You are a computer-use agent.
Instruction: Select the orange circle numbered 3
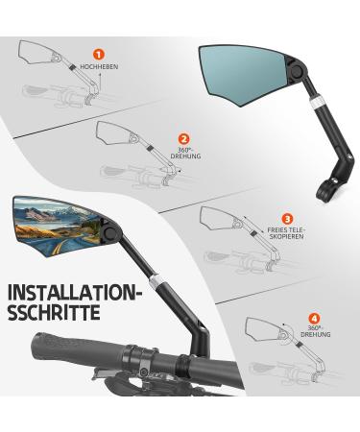click(x=287, y=219)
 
